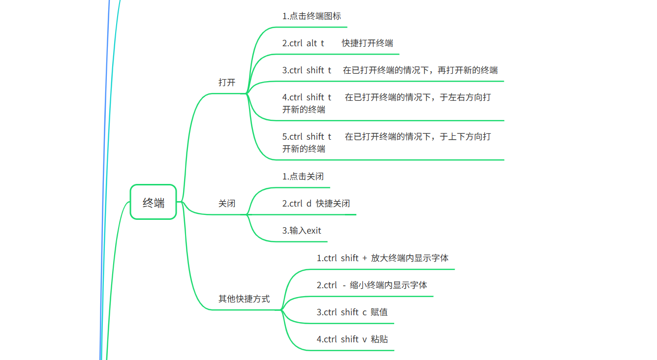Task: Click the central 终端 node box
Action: coord(153,202)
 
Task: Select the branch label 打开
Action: coord(227,83)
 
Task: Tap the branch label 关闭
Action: coord(227,204)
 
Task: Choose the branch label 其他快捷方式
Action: coord(244,299)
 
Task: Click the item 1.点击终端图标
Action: coord(312,16)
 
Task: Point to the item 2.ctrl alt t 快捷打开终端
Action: coord(338,43)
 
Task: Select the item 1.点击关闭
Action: coord(303,177)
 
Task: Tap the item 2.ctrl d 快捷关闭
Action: coord(316,204)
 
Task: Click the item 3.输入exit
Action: coord(302,231)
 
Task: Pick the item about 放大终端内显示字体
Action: coord(382,258)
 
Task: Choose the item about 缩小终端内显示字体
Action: coord(372,285)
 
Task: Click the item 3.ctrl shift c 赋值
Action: coord(352,312)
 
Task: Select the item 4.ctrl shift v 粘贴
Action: coord(352,339)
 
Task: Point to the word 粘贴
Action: coord(379,339)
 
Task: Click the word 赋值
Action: coord(379,312)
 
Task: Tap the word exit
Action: coord(314,231)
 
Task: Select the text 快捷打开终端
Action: coord(368,43)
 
